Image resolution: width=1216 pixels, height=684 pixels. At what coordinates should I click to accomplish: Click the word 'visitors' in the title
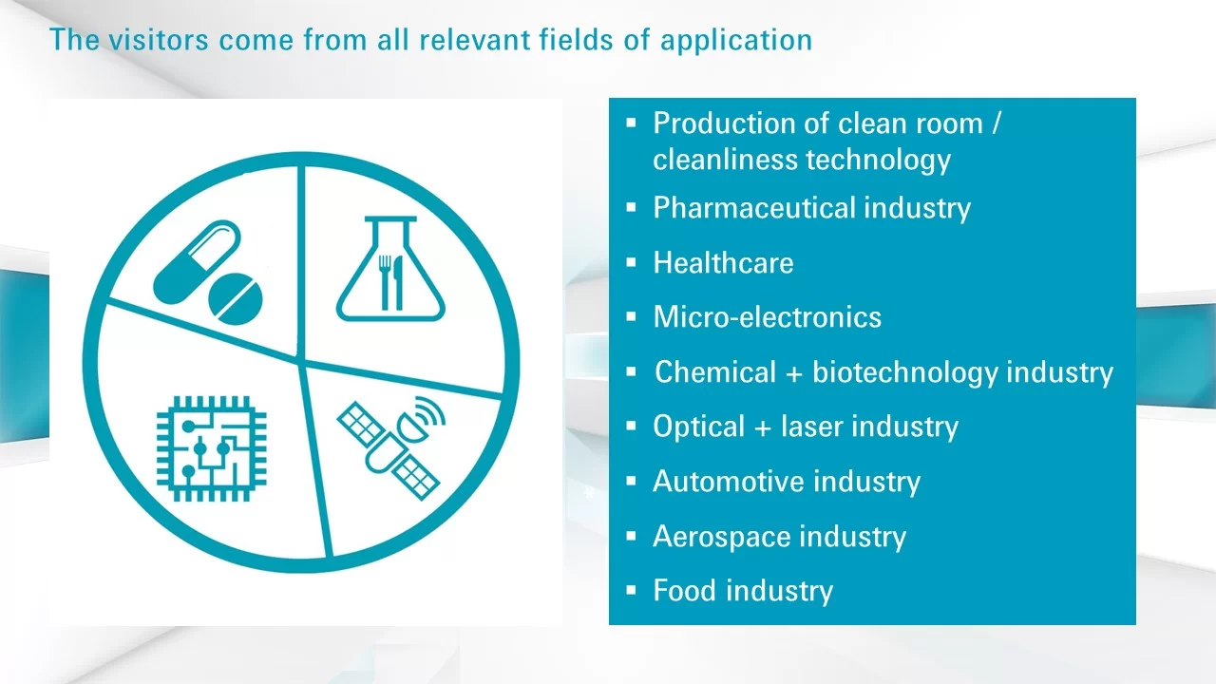tap(159, 40)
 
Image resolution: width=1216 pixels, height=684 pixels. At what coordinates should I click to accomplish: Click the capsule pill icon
tap(197, 262)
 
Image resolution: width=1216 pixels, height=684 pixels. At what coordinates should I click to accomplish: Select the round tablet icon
tap(236, 299)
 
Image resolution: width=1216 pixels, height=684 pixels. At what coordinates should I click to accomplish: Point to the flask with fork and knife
tap(390, 269)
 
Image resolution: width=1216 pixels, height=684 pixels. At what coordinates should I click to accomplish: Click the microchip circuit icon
tap(211, 448)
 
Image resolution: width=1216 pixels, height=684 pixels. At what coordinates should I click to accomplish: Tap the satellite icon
tap(390, 447)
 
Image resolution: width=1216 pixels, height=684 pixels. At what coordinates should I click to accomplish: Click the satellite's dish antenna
tap(413, 427)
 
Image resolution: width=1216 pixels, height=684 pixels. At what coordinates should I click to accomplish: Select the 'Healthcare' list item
tap(723, 263)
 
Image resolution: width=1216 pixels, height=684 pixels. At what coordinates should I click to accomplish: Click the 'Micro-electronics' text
tap(767, 317)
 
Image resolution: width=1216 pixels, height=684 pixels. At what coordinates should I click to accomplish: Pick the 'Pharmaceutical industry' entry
tap(811, 208)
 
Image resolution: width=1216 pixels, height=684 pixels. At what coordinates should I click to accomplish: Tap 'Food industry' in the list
tap(743, 591)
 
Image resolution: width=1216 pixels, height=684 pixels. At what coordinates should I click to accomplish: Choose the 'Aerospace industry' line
tap(780, 537)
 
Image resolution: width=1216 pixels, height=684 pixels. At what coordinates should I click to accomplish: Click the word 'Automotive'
tap(728, 482)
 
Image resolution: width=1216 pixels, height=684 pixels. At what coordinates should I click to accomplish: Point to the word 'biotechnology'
tap(905, 373)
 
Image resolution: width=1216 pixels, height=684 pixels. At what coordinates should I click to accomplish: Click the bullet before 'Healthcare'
tap(631, 263)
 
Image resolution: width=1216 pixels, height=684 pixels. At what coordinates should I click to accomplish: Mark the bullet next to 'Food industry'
tap(631, 590)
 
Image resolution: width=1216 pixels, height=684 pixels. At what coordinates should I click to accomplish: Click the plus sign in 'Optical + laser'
tap(763, 427)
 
